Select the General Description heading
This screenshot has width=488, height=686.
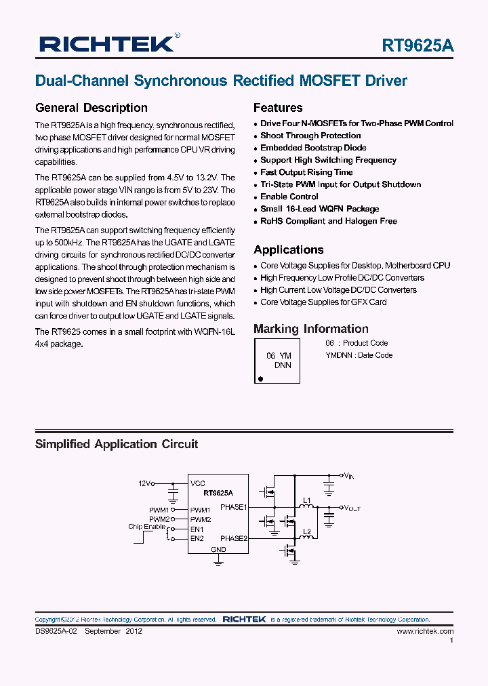pos(91,108)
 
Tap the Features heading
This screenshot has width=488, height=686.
pos(278,108)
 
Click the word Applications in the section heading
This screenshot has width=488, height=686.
pos(288,249)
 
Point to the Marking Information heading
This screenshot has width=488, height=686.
pos(311,329)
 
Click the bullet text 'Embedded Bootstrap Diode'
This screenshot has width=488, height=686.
pos(313,148)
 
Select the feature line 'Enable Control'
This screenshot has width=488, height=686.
pos(289,197)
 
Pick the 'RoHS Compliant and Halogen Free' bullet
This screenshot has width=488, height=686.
pos(329,221)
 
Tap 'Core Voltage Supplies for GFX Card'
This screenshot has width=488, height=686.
pos(323,302)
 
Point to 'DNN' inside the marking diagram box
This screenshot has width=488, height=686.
pos(283,365)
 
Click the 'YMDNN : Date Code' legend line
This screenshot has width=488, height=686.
pos(359,355)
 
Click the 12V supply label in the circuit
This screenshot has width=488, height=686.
pos(144,483)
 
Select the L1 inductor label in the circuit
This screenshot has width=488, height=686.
pos(307,501)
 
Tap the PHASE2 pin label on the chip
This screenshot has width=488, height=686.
pos(234,538)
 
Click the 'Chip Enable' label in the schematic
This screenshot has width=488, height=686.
pos(146,527)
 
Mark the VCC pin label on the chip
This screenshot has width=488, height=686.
pos(198,484)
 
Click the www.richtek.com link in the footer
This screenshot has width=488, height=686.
pos(424,631)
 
